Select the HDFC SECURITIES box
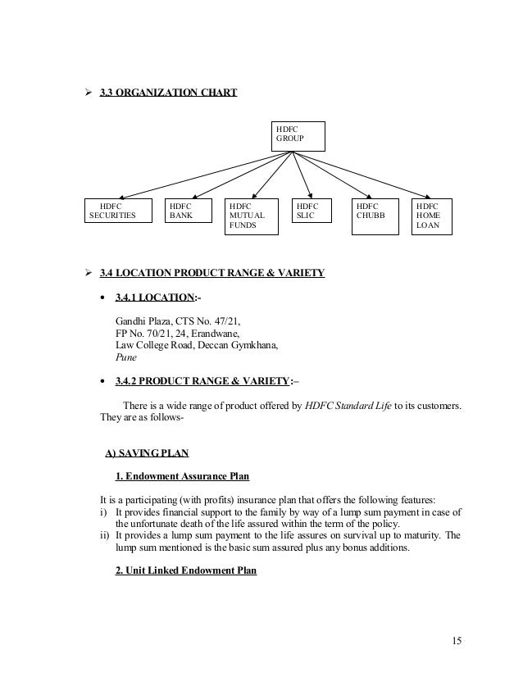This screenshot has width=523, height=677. pos(121,211)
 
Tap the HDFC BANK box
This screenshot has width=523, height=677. pos(185,211)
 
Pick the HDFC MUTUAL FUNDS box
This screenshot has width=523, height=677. pos(252,216)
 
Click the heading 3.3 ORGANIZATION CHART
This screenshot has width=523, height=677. pos(168,93)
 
